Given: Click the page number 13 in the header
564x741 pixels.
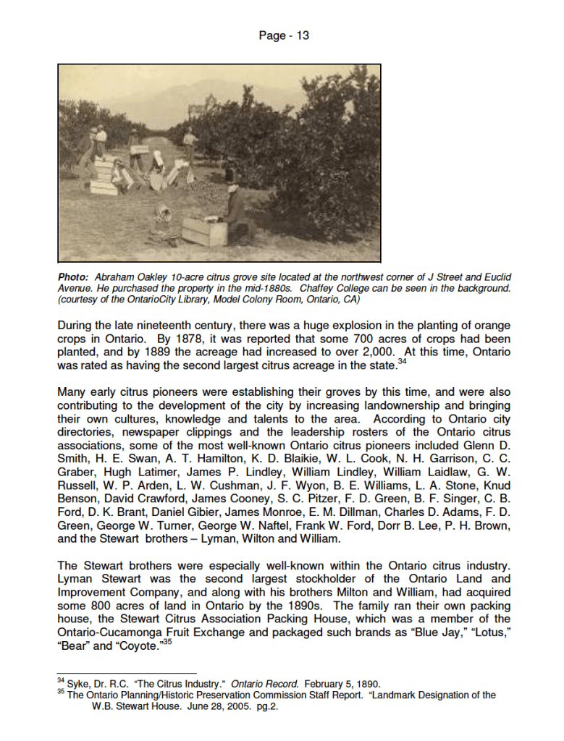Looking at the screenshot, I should pyautogui.click(x=302, y=35).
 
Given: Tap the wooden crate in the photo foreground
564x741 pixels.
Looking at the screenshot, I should pyautogui.click(x=205, y=231).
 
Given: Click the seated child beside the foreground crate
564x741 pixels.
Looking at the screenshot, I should pyautogui.click(x=164, y=224).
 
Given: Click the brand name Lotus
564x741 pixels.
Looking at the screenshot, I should pyautogui.click(x=487, y=633).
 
